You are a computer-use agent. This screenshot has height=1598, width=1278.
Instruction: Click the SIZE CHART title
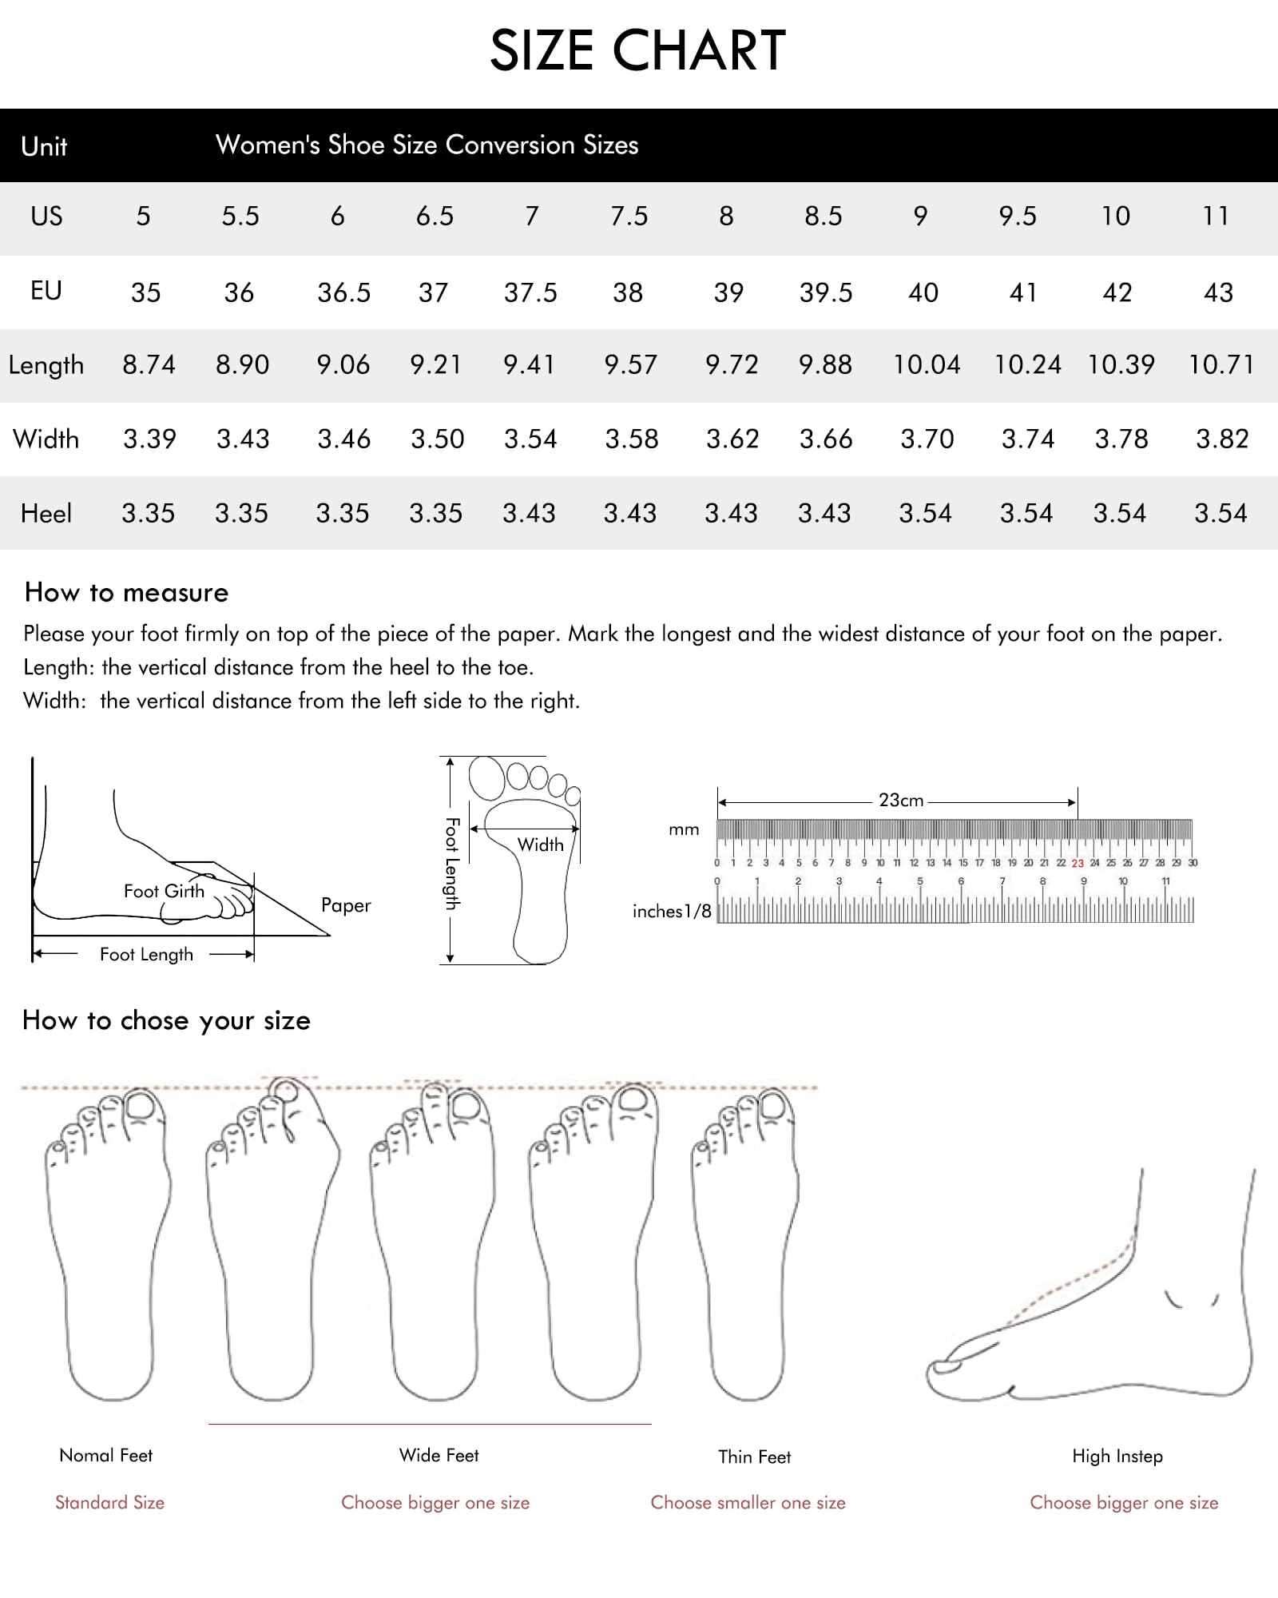tap(638, 50)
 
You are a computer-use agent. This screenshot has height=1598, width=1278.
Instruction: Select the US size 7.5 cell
tap(629, 216)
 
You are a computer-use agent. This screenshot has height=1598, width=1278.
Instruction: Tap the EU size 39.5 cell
tap(826, 292)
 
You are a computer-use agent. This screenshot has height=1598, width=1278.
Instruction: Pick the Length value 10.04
tap(927, 365)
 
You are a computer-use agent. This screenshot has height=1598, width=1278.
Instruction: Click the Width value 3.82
tap(1222, 439)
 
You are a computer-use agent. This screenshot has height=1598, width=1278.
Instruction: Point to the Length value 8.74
tap(149, 365)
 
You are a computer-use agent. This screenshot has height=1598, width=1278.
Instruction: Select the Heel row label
tap(46, 513)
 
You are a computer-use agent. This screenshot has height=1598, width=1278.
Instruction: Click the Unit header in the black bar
tap(44, 146)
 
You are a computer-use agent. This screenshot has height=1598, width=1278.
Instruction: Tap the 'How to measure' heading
tap(126, 592)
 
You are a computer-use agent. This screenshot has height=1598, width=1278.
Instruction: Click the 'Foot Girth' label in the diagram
tap(164, 891)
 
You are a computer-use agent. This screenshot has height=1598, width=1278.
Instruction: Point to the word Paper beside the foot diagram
tap(346, 905)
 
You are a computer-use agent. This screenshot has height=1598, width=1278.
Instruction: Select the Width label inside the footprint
tap(541, 845)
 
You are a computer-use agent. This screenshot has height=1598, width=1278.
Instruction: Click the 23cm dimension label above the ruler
tap(901, 800)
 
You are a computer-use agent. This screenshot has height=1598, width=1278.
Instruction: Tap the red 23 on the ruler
tap(1078, 864)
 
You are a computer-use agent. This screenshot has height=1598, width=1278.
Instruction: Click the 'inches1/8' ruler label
tap(672, 911)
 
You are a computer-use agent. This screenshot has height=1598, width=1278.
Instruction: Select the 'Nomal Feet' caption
tap(105, 1455)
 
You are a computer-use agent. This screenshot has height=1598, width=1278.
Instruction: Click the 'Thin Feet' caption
tap(754, 1457)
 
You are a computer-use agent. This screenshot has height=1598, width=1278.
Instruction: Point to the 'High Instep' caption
tap(1117, 1456)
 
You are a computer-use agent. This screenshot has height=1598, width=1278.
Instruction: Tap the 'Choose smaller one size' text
tap(748, 1502)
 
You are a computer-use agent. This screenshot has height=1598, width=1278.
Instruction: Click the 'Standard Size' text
tap(109, 1502)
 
